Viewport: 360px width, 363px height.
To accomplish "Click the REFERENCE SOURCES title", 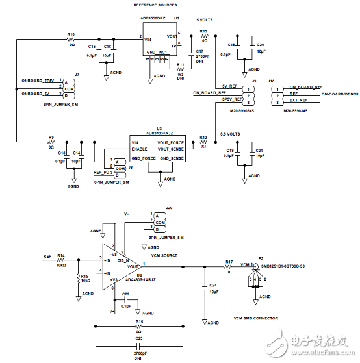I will coord(155,5).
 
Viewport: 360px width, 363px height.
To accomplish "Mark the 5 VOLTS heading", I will coord(209,20).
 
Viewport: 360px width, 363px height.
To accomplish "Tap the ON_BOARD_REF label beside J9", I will coord(208,94).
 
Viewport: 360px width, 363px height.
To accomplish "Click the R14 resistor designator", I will coord(61,255).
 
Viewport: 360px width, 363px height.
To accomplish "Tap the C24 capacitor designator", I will coord(214,285).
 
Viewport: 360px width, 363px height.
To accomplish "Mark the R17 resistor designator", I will coord(229,262).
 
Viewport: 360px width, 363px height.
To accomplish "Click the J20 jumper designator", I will coord(169,208).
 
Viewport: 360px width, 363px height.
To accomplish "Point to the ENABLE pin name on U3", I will coord(140,149).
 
